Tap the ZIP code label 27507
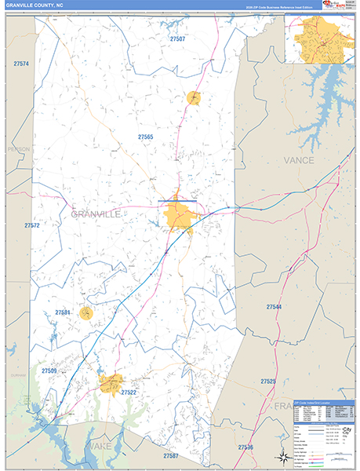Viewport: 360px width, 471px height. [x=178, y=38]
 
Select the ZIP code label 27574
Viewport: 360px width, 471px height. [x=21, y=64]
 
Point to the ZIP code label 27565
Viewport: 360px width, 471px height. [x=145, y=137]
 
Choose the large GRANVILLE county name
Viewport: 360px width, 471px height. [x=96, y=214]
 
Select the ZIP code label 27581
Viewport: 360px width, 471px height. [x=63, y=312]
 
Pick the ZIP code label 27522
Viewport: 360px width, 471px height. [x=129, y=392]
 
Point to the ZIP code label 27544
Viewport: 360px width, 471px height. [x=274, y=307]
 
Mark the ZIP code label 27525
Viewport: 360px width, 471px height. [x=268, y=382]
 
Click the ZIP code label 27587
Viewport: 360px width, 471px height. [x=171, y=456]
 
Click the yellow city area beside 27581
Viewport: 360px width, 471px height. [x=86, y=313]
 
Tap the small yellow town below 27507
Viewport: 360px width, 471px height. [x=194, y=97]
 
